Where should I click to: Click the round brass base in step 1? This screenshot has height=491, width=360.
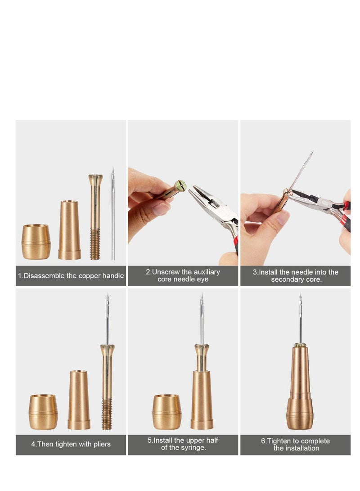pyautogui.click(x=36, y=242)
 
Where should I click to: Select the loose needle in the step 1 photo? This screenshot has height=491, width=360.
pyautogui.click(x=113, y=216)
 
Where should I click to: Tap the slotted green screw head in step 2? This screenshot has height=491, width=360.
pyautogui.click(x=180, y=185)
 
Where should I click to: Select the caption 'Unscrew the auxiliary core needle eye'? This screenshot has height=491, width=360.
pyautogui.click(x=183, y=276)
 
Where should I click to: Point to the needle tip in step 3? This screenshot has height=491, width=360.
pyautogui.click(x=311, y=155)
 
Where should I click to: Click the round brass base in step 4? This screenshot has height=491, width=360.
pyautogui.click(x=44, y=412)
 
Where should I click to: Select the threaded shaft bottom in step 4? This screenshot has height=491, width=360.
pyautogui.click(x=107, y=413)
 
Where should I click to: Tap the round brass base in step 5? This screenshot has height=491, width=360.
pyautogui.click(x=167, y=412)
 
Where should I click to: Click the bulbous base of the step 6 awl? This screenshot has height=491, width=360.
pyautogui.click(x=300, y=413)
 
